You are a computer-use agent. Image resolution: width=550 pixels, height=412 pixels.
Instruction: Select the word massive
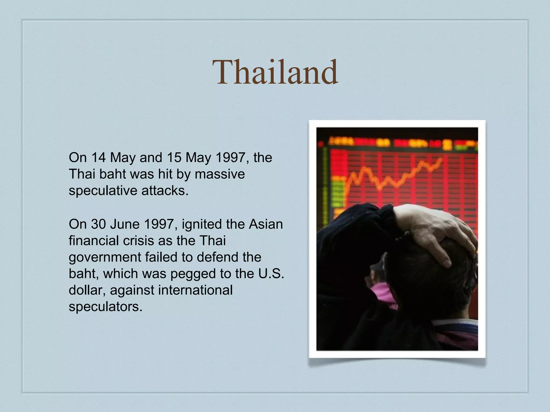[220, 174]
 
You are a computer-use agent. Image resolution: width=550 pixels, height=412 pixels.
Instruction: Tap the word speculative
[103, 191]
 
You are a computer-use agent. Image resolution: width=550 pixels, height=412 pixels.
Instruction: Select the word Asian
[266, 224]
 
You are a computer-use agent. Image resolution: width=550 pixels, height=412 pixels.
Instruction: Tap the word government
[105, 257]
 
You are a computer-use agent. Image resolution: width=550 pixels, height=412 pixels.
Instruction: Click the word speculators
[105, 307]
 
